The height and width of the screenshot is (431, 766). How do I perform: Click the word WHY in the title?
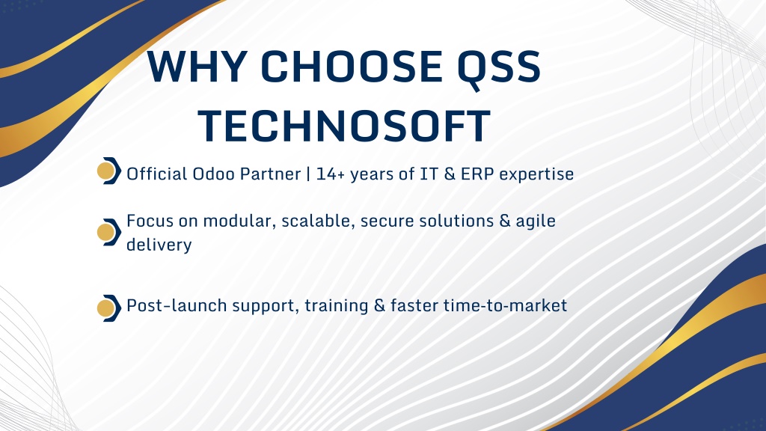pyautogui.click(x=196, y=67)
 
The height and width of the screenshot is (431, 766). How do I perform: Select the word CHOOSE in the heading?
pyautogui.click(x=352, y=67)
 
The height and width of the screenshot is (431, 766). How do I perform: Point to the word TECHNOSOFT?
pyautogui.click(x=344, y=126)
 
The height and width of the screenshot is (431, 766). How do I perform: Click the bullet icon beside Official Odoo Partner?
pyautogui.click(x=109, y=171)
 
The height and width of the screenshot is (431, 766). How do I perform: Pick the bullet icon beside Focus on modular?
pyautogui.click(x=109, y=232)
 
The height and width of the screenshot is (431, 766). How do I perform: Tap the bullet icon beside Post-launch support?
pyautogui.click(x=109, y=308)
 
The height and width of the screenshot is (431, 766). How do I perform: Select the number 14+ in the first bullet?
pyautogui.click(x=331, y=174)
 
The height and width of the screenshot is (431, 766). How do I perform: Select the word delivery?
pyautogui.click(x=159, y=245)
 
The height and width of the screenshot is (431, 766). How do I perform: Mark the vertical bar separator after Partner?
pyautogui.click(x=308, y=174)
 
